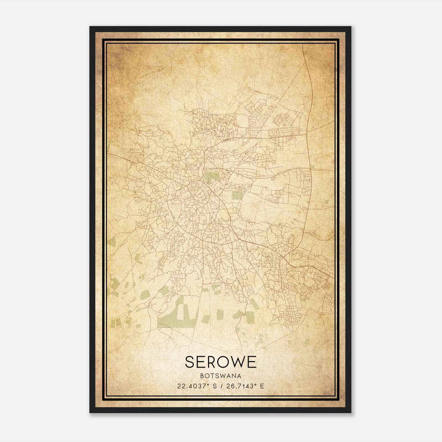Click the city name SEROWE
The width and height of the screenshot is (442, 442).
pyautogui.click(x=221, y=362)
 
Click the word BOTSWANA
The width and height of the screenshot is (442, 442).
pyautogui.click(x=221, y=376)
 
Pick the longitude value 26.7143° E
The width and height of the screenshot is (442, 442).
pyautogui.click(x=245, y=386)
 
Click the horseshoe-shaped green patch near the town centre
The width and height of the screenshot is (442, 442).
pyautogui.click(x=211, y=177)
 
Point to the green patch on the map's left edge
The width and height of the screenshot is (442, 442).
pyautogui.click(x=112, y=243)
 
